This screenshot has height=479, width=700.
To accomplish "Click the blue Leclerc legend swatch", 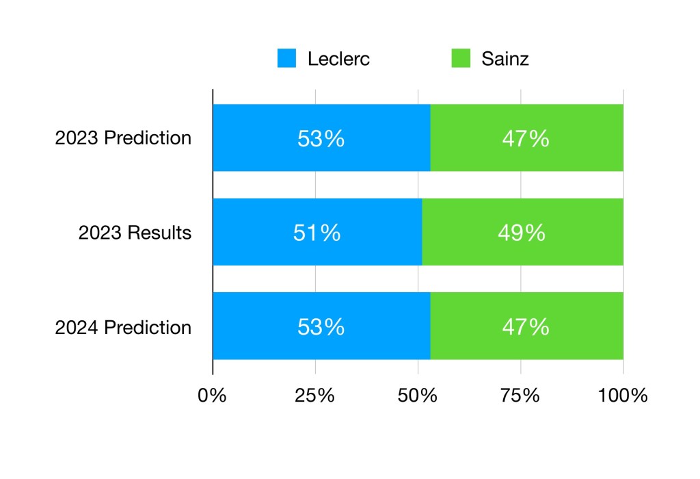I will click(x=286, y=58).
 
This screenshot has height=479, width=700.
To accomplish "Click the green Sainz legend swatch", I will click(x=461, y=58).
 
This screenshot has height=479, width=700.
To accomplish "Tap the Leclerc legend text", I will click(x=338, y=58).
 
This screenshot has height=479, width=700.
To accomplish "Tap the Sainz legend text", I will click(x=505, y=58).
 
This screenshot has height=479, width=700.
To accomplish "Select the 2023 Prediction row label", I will click(x=123, y=138).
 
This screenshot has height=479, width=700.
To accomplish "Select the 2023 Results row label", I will click(x=135, y=233).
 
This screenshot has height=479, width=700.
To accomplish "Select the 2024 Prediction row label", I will click(x=123, y=327).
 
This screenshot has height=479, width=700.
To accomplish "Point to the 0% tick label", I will click(x=212, y=396).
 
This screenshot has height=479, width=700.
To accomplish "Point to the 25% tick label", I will click(x=315, y=396).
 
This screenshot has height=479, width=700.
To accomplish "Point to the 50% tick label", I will click(x=418, y=396).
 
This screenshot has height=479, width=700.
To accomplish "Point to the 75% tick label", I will click(x=521, y=396).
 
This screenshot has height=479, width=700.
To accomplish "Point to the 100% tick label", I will click(x=623, y=396).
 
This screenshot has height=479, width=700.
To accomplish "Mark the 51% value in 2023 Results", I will click(x=317, y=233).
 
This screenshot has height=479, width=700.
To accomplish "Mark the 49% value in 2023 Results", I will click(x=522, y=233).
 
